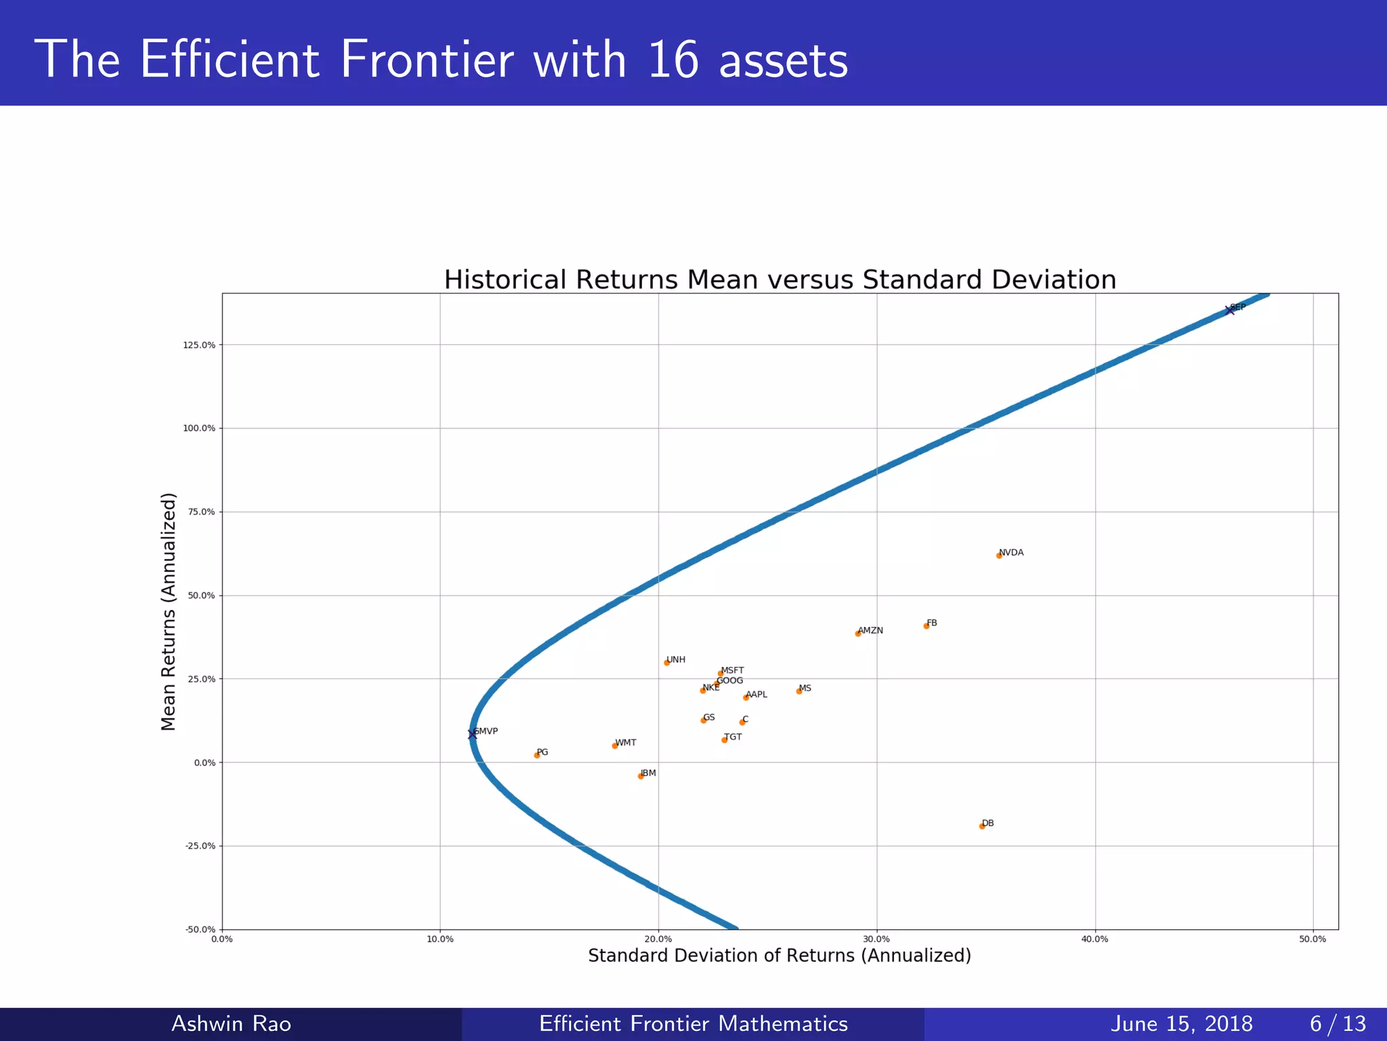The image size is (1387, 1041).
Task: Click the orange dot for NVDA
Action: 999,556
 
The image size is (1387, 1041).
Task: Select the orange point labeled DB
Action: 982,826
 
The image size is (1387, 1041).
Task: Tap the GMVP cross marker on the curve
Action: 472,735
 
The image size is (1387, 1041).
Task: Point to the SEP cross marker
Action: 1230,310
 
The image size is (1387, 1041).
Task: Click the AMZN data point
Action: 858,634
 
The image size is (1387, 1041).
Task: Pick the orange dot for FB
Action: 926,626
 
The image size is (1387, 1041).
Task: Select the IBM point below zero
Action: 641,776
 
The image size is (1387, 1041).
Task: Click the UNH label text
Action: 676,659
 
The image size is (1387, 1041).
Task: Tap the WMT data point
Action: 615,746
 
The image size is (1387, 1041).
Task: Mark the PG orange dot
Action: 537,755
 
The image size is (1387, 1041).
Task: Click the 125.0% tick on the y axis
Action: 199,345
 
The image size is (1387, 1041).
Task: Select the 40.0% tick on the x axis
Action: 1094,939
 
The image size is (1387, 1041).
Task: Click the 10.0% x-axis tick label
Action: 440,939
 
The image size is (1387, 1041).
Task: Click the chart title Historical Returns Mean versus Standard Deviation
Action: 780,280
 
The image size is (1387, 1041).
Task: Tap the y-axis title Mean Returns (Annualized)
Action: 168,611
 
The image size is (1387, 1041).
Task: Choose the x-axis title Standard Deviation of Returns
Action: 780,956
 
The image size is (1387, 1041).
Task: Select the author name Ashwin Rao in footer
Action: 231,1023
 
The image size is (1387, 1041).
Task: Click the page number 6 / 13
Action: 1338,1023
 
